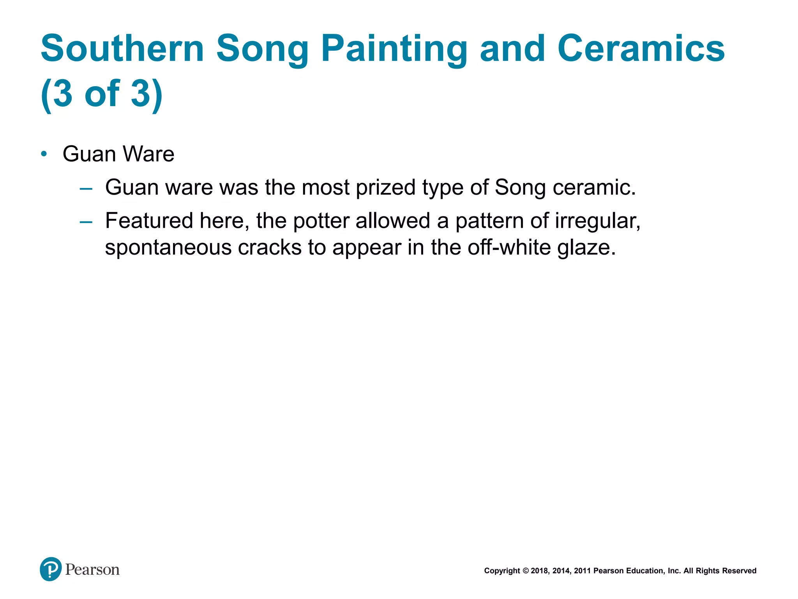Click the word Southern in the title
tap(122, 48)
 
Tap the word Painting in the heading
tap(394, 49)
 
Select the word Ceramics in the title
tap(641, 48)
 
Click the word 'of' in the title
tap(102, 94)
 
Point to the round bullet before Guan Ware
tap(44, 154)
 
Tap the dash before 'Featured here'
tap(86, 222)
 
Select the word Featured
tap(149, 221)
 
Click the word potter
tap(321, 221)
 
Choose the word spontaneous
tap(168, 248)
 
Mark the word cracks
tap(270, 248)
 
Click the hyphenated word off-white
tap(509, 248)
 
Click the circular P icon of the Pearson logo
tap(51, 569)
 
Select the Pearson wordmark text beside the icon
tap(92, 570)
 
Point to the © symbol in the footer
tap(525, 571)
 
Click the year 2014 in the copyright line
tap(561, 571)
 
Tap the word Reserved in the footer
tap(739, 571)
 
